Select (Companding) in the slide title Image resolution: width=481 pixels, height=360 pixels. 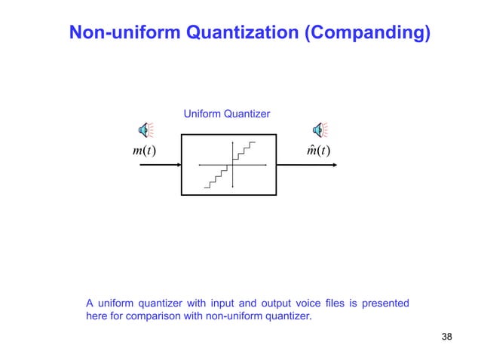pyautogui.click(x=366, y=32)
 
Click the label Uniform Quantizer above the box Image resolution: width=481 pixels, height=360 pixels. pyautogui.click(x=227, y=114)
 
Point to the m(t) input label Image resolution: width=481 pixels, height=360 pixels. pyautogui.click(x=143, y=150)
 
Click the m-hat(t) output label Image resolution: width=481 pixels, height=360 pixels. pyautogui.click(x=318, y=150)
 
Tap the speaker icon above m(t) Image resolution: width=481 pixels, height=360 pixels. pyautogui.click(x=144, y=130)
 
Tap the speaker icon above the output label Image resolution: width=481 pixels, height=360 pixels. pyautogui.click(x=320, y=130)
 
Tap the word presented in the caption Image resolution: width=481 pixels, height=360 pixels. pyautogui.click(x=385, y=304)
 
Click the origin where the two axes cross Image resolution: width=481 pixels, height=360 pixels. pyautogui.click(x=234, y=164)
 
